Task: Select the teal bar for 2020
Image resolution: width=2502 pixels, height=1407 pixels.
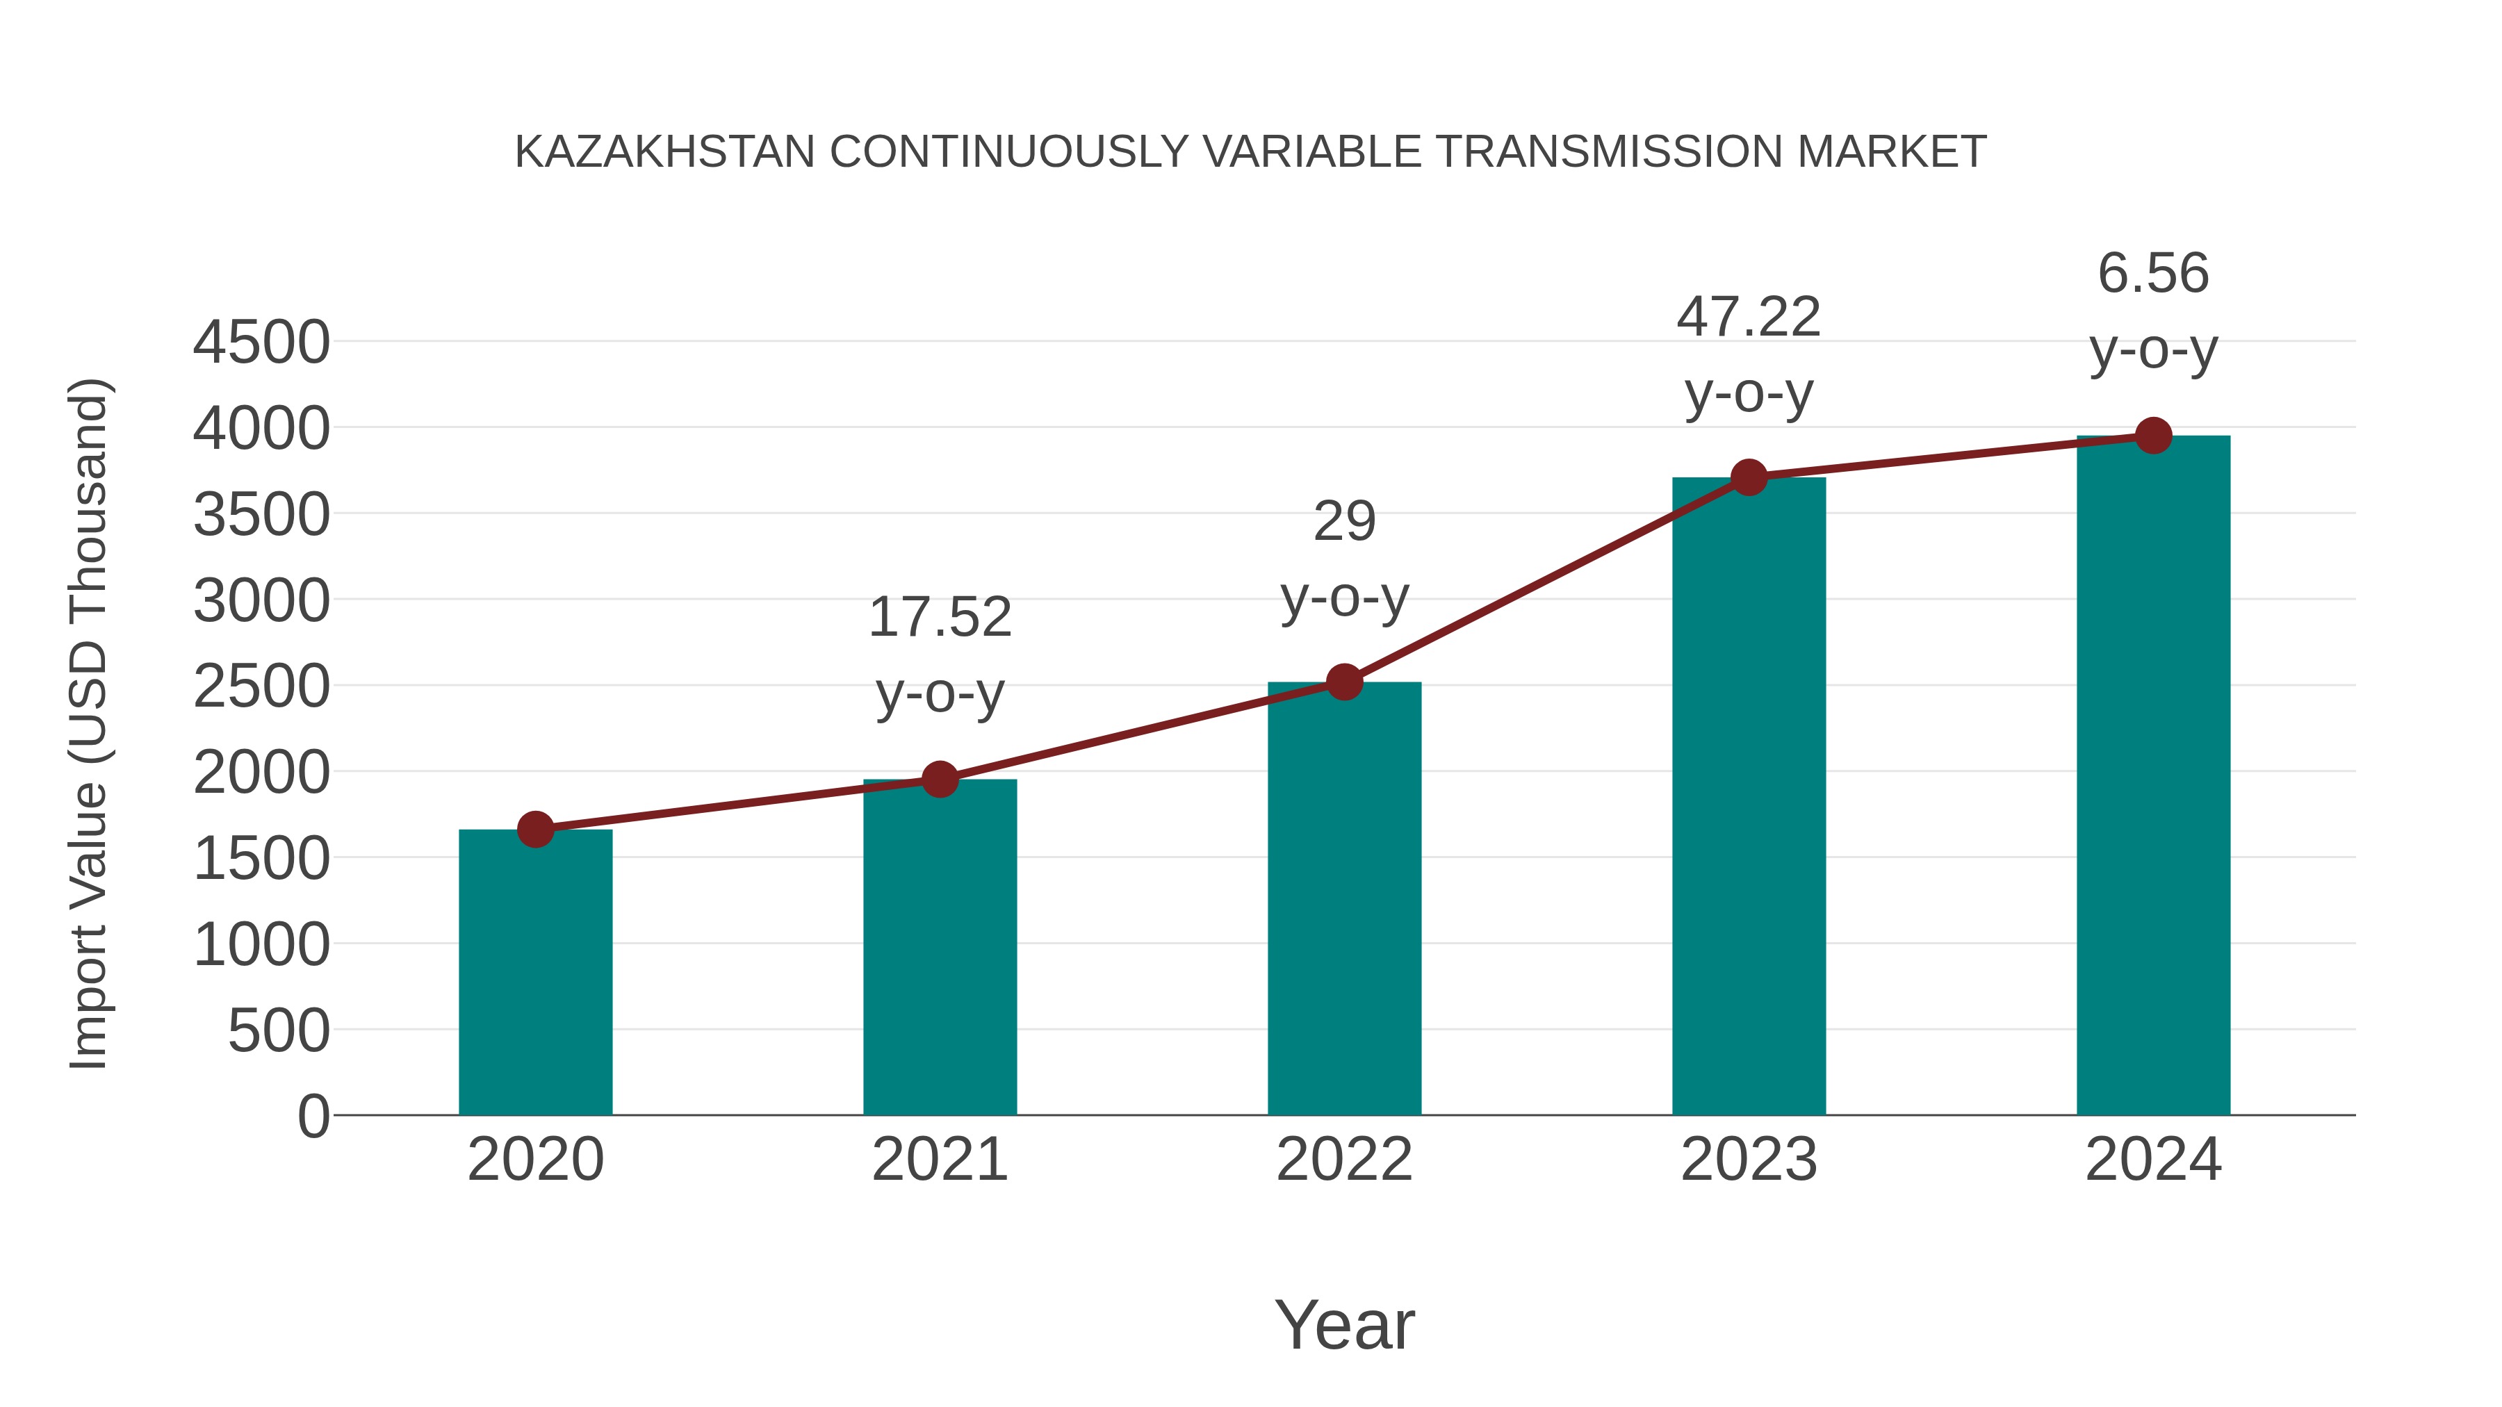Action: (x=535, y=971)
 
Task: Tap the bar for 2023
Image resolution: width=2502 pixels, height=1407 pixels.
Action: (x=1749, y=796)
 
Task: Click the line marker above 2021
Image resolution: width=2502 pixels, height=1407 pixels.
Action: (x=939, y=779)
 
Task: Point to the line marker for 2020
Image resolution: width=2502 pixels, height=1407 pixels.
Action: (x=535, y=829)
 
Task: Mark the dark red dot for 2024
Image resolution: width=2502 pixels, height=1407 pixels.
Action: (x=2153, y=436)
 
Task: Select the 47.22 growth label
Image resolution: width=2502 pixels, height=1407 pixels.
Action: (x=1749, y=318)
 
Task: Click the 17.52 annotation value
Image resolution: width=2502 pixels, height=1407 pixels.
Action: (x=939, y=618)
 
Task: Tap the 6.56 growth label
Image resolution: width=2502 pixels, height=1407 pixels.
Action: (x=2153, y=273)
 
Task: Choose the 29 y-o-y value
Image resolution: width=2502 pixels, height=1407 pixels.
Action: (x=1344, y=523)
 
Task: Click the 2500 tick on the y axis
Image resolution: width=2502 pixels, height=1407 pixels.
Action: (x=261, y=687)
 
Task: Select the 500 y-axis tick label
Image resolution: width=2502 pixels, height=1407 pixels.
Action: (x=279, y=1031)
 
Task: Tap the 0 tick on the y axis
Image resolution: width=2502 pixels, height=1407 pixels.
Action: (x=313, y=1117)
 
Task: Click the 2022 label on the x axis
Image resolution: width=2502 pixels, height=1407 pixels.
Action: (x=1344, y=1160)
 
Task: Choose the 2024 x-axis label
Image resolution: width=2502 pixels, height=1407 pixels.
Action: (x=2153, y=1160)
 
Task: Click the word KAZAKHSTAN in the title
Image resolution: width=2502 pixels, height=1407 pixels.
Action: (x=664, y=152)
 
